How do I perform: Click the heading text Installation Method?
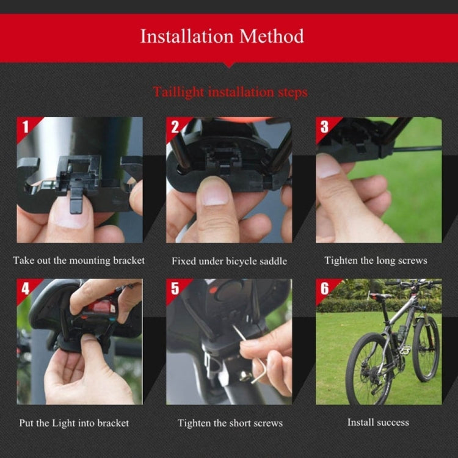pyautogui.click(x=222, y=36)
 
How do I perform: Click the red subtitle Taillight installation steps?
pyautogui.click(x=230, y=92)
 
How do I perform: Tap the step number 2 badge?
pyautogui.click(x=175, y=126)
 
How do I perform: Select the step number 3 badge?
pyautogui.click(x=324, y=126)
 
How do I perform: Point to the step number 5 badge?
pyautogui.click(x=175, y=288)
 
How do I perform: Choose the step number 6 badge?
pyautogui.click(x=324, y=288)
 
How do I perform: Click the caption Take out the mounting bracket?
pyautogui.click(x=79, y=260)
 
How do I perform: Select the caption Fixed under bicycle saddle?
pyautogui.click(x=229, y=261)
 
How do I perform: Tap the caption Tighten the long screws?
pyautogui.click(x=376, y=260)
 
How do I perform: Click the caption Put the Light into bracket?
pyautogui.click(x=74, y=423)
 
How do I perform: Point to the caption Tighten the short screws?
pyautogui.click(x=230, y=423)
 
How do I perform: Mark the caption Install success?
pyautogui.click(x=378, y=422)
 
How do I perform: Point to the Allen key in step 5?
pyautogui.click(x=252, y=360)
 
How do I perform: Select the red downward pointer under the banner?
pyautogui.click(x=228, y=64)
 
